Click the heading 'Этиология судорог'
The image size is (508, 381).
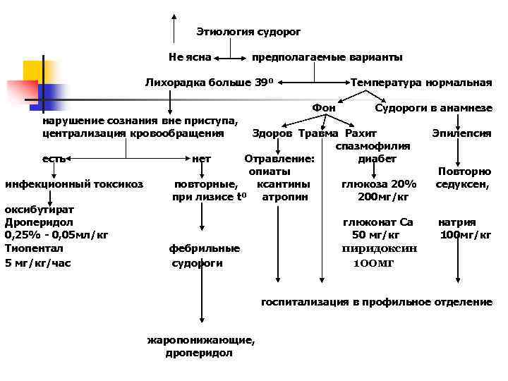(248, 32)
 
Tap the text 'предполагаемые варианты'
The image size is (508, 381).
(327, 56)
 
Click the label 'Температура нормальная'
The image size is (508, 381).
(421, 82)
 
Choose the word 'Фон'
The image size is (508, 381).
(324, 108)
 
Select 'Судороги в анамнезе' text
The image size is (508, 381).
(433, 108)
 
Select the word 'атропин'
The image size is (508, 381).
(285, 196)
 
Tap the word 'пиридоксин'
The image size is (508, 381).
(380, 248)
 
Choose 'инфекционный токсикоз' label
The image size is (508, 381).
(74, 184)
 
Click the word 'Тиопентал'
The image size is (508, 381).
(34, 248)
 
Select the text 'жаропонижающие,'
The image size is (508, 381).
(201, 340)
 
